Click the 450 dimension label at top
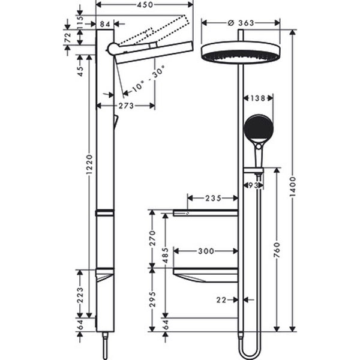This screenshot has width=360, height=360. tap(145, 5)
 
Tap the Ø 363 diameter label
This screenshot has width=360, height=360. tap(241, 23)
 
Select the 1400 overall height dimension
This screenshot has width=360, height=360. tap(293, 187)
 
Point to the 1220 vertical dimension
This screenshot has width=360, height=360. tap(89, 164)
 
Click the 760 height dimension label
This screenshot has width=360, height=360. tap(277, 250)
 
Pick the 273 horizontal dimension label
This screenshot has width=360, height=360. tap(126, 106)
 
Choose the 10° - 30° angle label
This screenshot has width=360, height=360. tap(149, 79)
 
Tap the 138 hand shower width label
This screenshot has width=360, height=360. tap(257, 98)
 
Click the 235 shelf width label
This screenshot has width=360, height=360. tap(213, 198)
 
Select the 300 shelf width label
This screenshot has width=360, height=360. tap(206, 251)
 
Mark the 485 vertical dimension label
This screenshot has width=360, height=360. tap(166, 256)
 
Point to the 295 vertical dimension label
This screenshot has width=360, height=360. tap(152, 299)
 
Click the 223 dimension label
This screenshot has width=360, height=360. tap(80, 295)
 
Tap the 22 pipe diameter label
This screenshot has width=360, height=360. tap(221, 300)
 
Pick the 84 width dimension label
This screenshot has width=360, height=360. tap(105, 24)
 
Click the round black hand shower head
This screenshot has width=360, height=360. tap(258, 127)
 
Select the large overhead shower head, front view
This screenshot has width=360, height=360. tap(241, 52)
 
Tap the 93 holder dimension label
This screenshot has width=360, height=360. tap(254, 185)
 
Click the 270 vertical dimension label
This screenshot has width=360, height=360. tap(152, 238)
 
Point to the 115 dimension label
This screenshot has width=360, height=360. tap(80, 22)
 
